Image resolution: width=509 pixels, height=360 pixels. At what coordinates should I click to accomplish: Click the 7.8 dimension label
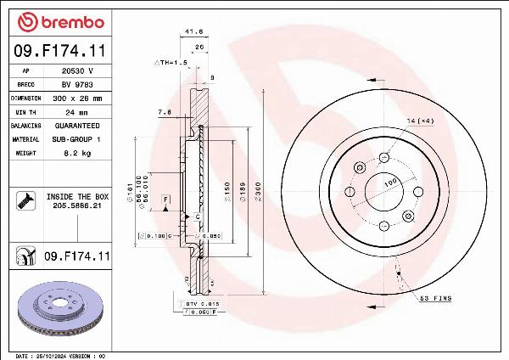(164, 112)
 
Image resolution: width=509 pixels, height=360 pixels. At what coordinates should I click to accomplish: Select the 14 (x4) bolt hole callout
(421, 121)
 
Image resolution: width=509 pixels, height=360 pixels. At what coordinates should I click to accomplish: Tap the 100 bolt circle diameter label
(391, 182)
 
